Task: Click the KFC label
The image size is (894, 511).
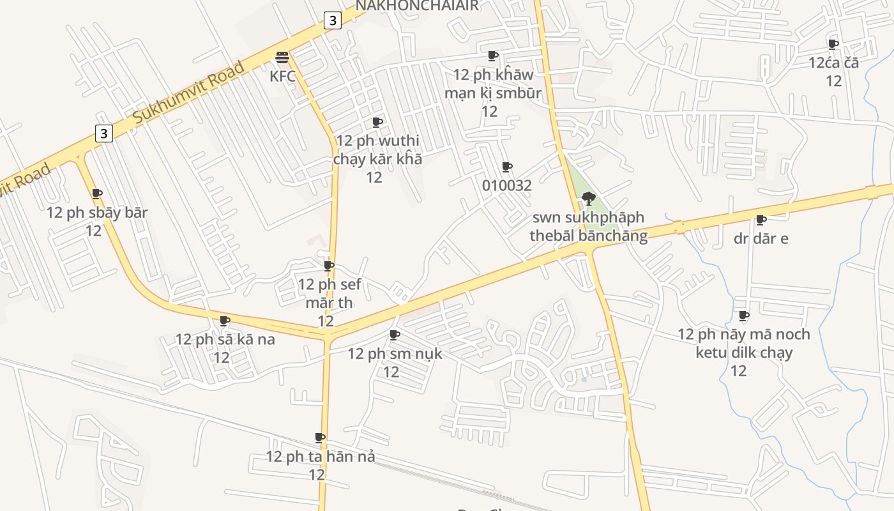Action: (x=282, y=76)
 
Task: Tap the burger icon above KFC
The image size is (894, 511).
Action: (x=282, y=57)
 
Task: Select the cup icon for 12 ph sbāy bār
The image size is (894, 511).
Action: (x=97, y=194)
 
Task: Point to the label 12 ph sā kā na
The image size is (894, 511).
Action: (x=225, y=339)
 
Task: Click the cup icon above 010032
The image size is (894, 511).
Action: (x=507, y=167)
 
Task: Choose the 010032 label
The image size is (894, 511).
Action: (x=507, y=186)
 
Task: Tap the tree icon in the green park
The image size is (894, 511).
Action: (x=589, y=198)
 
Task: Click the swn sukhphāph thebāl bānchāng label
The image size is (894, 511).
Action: (x=589, y=227)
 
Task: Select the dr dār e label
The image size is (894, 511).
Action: (x=761, y=238)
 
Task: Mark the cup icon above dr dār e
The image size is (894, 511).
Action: (x=761, y=220)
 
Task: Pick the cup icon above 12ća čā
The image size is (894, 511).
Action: (x=833, y=44)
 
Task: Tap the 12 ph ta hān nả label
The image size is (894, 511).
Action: (x=320, y=457)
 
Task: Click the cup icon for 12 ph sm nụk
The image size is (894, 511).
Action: (x=395, y=335)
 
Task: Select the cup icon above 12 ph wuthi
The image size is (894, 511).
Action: (x=377, y=122)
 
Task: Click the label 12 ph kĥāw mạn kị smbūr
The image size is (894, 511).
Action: (x=492, y=84)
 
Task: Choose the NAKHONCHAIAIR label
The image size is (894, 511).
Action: (x=417, y=6)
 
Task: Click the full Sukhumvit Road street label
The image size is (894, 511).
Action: (x=189, y=93)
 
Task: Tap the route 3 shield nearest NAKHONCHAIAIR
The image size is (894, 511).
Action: (x=332, y=20)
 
